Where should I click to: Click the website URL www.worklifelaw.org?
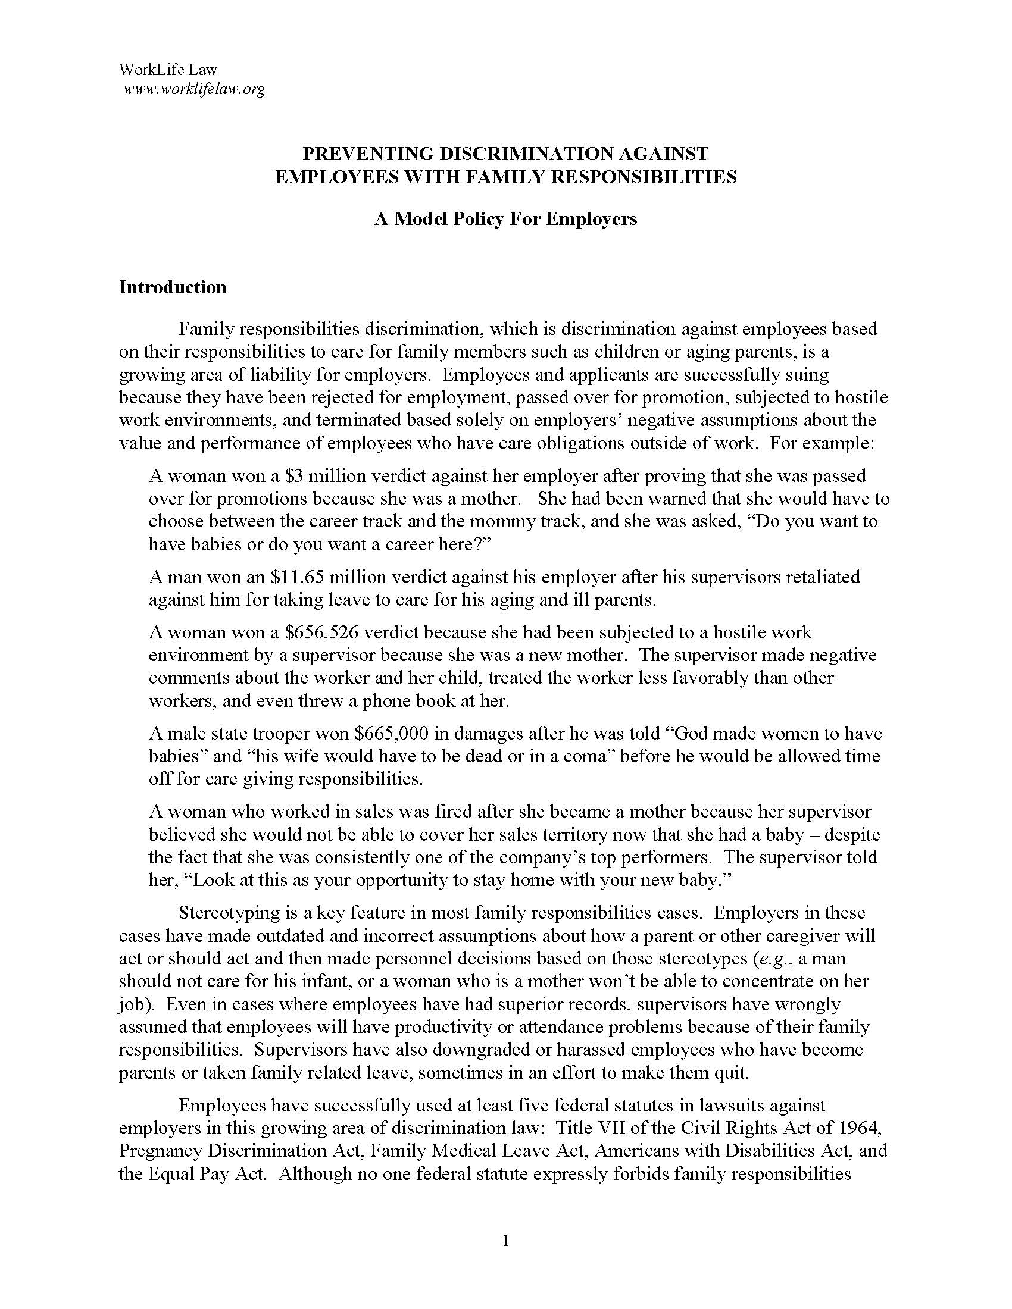pyautogui.click(x=193, y=90)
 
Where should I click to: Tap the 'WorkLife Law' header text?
pyautogui.click(x=168, y=70)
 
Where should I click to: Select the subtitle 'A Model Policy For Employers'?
pyautogui.click(x=505, y=219)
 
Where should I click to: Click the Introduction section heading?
pyautogui.click(x=173, y=287)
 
